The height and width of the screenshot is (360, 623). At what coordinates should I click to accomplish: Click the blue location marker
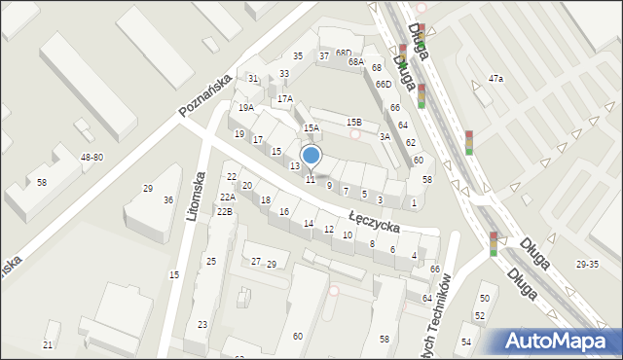[x=311, y=156]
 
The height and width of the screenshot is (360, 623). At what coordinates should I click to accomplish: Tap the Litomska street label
[x=198, y=196]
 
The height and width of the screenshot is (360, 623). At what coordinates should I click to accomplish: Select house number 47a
[x=495, y=78]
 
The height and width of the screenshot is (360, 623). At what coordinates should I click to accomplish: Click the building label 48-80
[x=92, y=157]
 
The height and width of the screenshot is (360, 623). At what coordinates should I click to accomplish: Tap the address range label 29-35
[x=588, y=264]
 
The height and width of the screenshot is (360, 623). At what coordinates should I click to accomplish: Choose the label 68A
[x=356, y=61]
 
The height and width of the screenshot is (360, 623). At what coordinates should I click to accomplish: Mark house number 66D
[x=384, y=85]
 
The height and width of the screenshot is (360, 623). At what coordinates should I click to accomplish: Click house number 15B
[x=354, y=122]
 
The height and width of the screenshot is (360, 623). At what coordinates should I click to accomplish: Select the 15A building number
[x=311, y=127]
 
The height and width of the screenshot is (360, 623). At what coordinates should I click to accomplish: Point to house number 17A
[x=284, y=98]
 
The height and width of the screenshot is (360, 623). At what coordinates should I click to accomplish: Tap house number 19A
[x=246, y=108]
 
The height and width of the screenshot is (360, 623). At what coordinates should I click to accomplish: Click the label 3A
[x=385, y=136]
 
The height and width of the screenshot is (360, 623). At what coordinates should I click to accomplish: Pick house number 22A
[x=226, y=198]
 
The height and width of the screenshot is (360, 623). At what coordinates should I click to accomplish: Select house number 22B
[x=224, y=211]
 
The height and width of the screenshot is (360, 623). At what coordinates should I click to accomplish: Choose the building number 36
[x=168, y=200]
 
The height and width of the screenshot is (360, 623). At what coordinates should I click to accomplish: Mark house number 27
[x=256, y=261]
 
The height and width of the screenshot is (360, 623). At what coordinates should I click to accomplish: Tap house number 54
[x=466, y=341]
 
